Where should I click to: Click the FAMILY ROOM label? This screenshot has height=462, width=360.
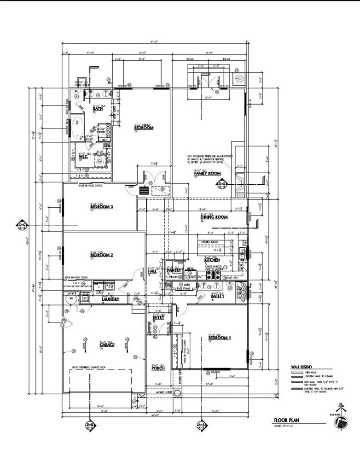[x=208, y=173]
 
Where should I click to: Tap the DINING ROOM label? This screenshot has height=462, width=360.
[x=215, y=217]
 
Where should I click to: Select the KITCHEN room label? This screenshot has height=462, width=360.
[x=212, y=260]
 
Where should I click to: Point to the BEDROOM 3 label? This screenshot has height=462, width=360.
[x=102, y=207]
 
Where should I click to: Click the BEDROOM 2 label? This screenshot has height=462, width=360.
[x=102, y=255]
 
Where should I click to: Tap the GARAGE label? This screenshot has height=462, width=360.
[x=106, y=345]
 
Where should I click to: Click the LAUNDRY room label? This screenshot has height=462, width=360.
[x=110, y=299]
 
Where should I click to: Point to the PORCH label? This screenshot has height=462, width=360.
[x=158, y=368]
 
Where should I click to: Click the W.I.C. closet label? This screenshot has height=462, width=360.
[x=83, y=156]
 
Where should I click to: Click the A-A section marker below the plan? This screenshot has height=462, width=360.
[x=201, y=426]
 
